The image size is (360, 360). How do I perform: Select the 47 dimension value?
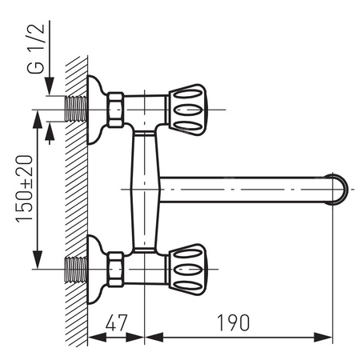tap(116, 322)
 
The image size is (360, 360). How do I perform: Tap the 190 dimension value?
tap(232, 322)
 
